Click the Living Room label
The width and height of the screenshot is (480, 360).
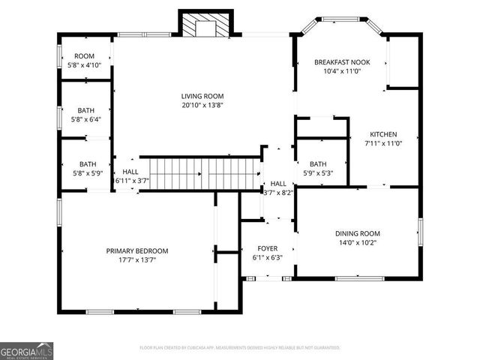pyautogui.click(x=202, y=96)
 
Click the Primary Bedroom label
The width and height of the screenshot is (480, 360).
pyautogui.click(x=136, y=251)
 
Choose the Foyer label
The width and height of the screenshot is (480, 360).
pyautogui.click(x=267, y=248)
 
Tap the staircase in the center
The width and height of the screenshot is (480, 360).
pyautogui.click(x=201, y=173)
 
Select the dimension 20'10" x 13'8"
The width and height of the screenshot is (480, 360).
pyautogui.click(x=202, y=105)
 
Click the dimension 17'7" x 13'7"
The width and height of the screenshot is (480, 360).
pyautogui.click(x=136, y=260)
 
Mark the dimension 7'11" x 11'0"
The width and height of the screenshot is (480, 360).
pyautogui.click(x=382, y=143)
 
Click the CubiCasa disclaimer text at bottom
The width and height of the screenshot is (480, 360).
pyautogui.click(x=240, y=348)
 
